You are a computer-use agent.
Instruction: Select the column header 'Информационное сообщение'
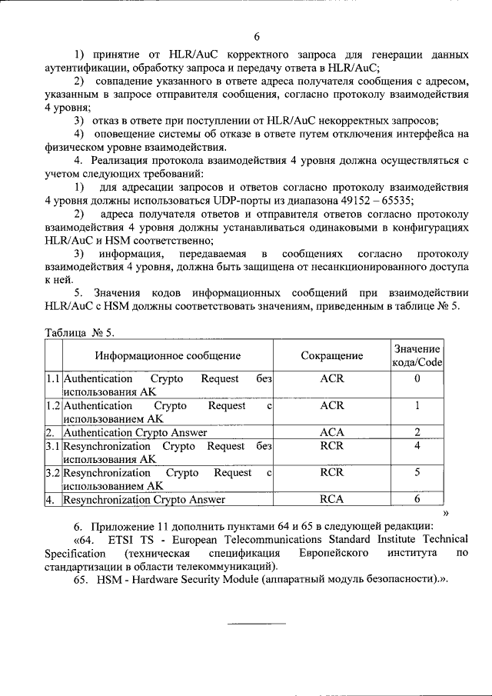(168, 356)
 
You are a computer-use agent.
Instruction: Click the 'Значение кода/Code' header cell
(417, 356)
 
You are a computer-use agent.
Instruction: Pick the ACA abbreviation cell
(331, 433)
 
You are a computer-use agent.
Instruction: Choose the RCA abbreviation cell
(331, 500)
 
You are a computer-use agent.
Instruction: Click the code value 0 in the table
(417, 379)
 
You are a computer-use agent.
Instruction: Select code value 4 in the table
(417, 446)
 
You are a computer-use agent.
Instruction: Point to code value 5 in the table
(417, 473)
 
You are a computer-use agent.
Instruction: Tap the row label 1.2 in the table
(53, 406)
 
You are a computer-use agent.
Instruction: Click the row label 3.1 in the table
(53, 446)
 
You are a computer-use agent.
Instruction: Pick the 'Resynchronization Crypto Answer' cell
(145, 500)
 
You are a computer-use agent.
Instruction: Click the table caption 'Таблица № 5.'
(80, 331)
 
